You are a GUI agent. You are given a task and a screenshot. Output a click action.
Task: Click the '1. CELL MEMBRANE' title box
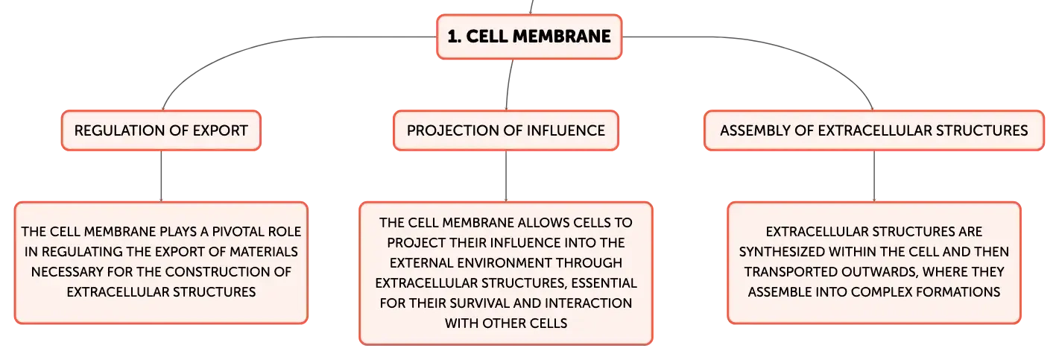pyautogui.click(x=529, y=37)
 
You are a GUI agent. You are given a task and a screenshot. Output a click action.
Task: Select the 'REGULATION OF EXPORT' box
pyautogui.click(x=161, y=130)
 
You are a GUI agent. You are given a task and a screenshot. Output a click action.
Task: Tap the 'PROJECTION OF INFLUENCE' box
pyautogui.click(x=506, y=130)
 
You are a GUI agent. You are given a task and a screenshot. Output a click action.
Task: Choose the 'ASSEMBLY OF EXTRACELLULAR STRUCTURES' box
pyautogui.click(x=874, y=130)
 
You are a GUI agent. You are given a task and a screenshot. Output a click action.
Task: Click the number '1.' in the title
pyautogui.click(x=454, y=37)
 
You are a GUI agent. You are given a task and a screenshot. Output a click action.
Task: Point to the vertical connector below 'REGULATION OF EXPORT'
pyautogui.click(x=161, y=176)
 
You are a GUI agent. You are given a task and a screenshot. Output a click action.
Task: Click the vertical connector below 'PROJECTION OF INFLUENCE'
pyautogui.click(x=506, y=176)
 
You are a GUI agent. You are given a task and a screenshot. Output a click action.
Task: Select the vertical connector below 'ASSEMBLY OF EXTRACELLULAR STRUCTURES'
pyautogui.click(x=874, y=176)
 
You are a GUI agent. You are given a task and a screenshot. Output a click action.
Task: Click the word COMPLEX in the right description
pyautogui.click(x=882, y=292)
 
